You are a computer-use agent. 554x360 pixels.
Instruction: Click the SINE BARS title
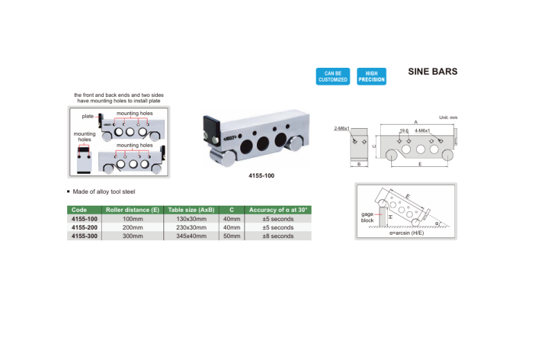point(433,71)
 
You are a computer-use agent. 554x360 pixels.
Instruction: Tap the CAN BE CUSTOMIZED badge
point(332,76)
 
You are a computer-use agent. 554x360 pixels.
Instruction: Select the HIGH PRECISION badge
point(371,76)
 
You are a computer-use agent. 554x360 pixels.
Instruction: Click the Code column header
point(79,210)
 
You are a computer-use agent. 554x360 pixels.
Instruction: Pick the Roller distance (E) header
point(132,210)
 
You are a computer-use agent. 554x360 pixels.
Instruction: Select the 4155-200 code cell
point(84,227)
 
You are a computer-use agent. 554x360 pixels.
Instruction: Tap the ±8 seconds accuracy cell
point(277,236)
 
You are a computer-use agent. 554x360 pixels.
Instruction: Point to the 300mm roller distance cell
point(132,236)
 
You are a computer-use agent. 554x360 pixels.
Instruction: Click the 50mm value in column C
point(232,236)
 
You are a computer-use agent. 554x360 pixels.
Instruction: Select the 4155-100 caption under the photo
point(261,176)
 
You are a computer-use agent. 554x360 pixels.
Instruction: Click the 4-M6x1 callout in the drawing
point(422,130)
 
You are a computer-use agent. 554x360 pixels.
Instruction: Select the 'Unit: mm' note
point(449,117)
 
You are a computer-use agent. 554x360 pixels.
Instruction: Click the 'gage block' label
point(367,217)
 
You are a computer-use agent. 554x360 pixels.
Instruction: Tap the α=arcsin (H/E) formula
point(405,233)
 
